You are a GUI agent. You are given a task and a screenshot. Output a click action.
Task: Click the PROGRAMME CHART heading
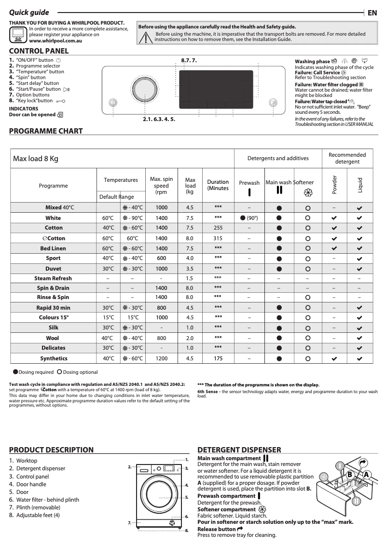point(46,131)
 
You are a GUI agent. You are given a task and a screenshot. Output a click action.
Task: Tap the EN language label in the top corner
point(372,13)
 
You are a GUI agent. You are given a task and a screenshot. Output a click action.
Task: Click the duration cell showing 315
point(218,238)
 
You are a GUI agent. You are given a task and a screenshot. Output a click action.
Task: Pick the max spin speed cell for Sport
point(161,258)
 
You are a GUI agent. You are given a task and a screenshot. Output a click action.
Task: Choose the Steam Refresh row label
point(53,278)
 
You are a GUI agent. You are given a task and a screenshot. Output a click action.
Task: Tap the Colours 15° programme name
point(54,317)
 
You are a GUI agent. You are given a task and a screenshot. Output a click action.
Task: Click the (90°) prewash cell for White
point(249,218)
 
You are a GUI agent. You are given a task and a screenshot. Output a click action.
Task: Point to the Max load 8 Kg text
point(36,159)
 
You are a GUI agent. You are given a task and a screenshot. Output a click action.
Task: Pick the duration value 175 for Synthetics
point(218,358)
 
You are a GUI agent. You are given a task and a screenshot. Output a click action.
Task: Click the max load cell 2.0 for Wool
point(190,338)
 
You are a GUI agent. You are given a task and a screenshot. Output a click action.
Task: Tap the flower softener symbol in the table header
point(308,193)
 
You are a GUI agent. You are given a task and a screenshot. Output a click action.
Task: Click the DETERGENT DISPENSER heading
point(239,450)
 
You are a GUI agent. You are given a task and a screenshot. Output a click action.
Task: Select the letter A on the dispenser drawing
point(366,474)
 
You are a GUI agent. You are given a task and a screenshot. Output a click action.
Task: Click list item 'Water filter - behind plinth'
point(47,500)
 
